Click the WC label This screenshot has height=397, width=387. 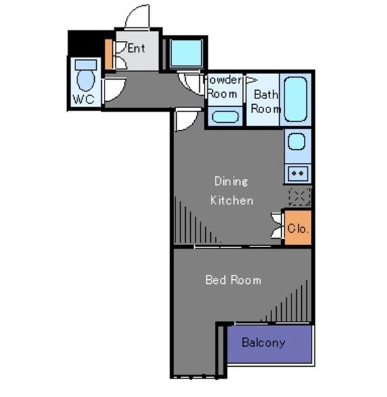point(83,99)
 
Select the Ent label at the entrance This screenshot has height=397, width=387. point(136,48)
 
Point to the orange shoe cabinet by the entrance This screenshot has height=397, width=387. point(109,55)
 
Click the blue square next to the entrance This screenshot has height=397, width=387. point(186,53)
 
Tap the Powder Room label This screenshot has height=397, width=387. point(225,86)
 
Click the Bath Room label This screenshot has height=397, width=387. point(266,102)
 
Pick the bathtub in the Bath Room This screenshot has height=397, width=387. point(296,99)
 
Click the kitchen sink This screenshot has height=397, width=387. point(297,142)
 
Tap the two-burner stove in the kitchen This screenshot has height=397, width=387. point(297,172)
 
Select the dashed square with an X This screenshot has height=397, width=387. point(299,196)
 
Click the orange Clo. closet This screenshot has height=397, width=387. point(298,228)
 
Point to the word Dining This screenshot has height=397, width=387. point(231,181)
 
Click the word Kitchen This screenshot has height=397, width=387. point(232,200)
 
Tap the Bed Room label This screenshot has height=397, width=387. point(233,280)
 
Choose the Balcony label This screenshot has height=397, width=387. point(263,342)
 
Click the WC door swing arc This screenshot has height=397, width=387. point(114,90)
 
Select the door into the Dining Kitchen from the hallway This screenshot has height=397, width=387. point(188,120)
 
